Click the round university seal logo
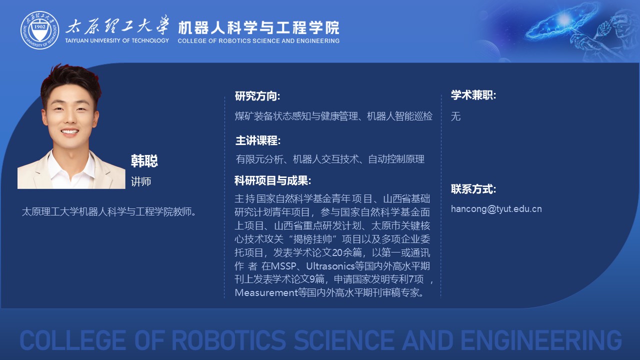[x=39, y=30]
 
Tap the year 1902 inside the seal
[x=39, y=26]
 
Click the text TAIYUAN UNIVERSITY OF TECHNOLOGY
[x=117, y=40]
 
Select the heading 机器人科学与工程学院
[x=258, y=27]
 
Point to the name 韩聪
[x=144, y=160]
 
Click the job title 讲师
[x=141, y=181]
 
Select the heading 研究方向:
[x=257, y=96]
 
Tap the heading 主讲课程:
[x=258, y=140]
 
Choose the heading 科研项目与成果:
[x=272, y=180]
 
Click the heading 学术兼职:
[x=473, y=95]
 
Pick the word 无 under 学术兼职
[x=455, y=116]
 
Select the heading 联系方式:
[x=473, y=189]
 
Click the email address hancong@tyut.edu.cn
[x=496, y=209]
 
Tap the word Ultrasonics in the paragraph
[x=330, y=266]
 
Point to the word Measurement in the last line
[x=266, y=292]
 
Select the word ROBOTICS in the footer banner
[x=228, y=340]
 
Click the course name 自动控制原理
[x=396, y=159]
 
